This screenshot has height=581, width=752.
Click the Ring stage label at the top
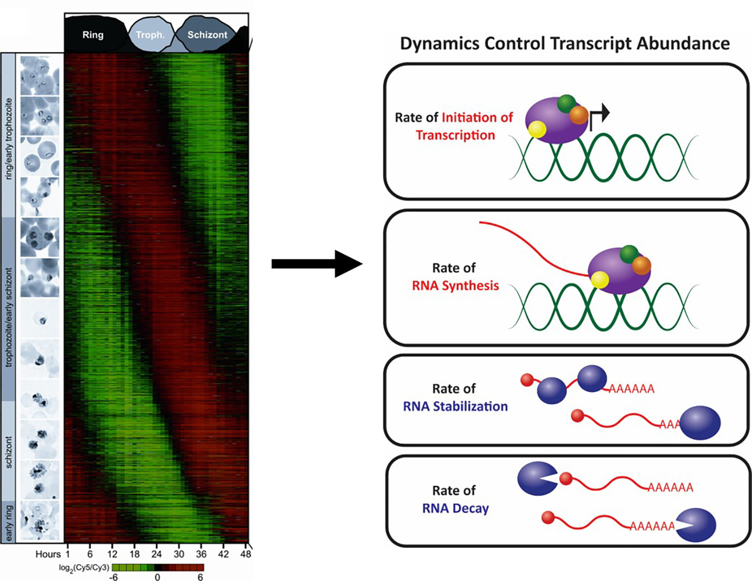93,35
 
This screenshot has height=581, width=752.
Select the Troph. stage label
150,35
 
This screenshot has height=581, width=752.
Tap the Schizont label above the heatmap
207,35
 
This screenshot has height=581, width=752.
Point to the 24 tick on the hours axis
156,554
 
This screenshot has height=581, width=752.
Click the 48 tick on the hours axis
246,554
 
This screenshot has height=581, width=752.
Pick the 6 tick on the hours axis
90,554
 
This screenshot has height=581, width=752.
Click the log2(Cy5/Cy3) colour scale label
84,567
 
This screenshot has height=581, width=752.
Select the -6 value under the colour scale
114,577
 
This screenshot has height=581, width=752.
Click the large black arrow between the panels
317,264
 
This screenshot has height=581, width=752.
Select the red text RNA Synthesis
455,285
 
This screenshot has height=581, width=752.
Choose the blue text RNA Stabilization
455,406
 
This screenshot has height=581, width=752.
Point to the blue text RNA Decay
455,508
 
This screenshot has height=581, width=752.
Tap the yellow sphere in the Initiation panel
537,129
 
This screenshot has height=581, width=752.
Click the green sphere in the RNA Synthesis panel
629,253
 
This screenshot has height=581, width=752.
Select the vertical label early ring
9,523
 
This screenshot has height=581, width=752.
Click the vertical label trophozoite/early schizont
9,317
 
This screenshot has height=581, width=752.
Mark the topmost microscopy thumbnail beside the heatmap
40,76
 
